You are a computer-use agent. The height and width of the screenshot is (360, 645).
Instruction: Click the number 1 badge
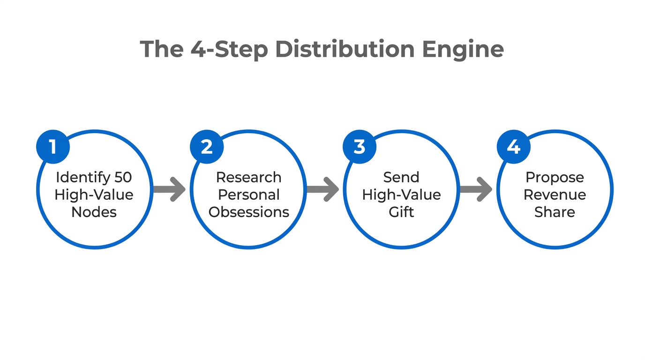click(53, 147)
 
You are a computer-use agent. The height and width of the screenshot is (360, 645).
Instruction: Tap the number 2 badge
click(206, 147)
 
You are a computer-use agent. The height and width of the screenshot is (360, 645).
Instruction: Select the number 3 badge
click(360, 147)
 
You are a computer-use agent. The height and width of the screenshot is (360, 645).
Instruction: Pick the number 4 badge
click(513, 147)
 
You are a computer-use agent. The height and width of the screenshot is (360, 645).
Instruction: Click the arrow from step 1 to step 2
click(169, 189)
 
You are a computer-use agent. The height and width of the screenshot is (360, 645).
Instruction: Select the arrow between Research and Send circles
click(322, 189)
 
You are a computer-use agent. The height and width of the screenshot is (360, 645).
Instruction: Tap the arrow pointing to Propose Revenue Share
click(476, 189)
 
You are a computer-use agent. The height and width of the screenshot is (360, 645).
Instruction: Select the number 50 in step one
click(123, 177)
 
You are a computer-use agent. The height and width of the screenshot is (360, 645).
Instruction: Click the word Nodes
click(94, 212)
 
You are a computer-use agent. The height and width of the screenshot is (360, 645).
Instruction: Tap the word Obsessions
click(248, 212)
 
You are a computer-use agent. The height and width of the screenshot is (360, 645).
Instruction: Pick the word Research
click(248, 177)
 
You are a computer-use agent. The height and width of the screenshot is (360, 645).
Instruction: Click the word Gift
click(401, 212)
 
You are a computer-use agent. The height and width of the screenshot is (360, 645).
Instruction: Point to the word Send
click(401, 177)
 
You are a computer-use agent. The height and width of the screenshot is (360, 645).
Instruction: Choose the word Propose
click(555, 177)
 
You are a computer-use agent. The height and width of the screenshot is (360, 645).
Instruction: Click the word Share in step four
click(555, 212)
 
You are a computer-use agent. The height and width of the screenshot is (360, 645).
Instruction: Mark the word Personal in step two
click(248, 195)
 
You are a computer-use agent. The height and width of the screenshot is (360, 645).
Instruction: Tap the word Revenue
click(555, 195)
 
